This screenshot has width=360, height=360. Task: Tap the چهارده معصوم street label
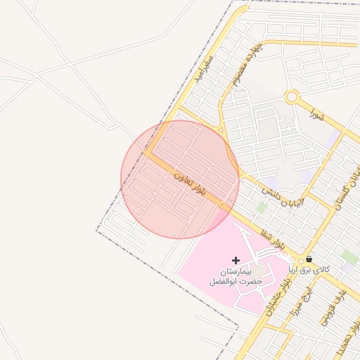245,65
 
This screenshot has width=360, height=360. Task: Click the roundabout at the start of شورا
292,97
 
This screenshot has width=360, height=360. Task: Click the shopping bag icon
309,259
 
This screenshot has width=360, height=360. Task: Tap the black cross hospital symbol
236,261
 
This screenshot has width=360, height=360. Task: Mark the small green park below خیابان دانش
262,207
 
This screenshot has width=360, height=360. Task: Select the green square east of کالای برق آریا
349,257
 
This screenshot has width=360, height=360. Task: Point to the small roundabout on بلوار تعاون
223,206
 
